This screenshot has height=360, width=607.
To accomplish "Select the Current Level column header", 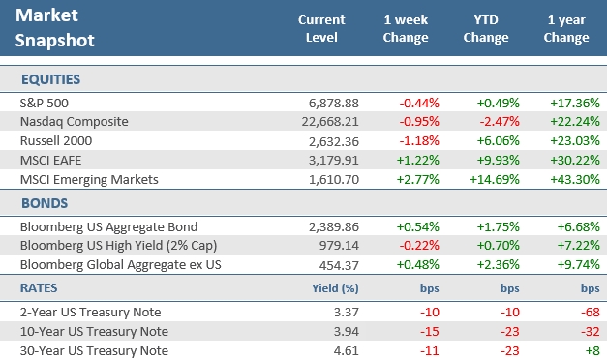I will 320,29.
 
